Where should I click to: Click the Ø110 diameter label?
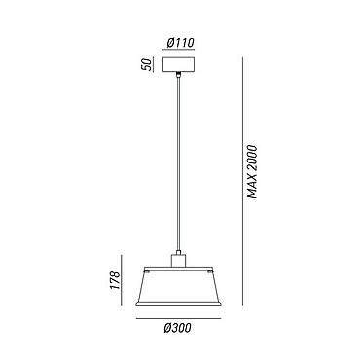(180, 43)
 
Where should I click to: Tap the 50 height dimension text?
(147, 64)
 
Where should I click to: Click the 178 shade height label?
(116, 280)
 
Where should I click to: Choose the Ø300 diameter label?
(178, 328)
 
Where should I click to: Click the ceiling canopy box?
(178, 65)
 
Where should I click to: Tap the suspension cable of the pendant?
(178, 163)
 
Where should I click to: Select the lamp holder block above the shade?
(178, 261)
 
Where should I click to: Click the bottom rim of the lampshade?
(178, 304)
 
